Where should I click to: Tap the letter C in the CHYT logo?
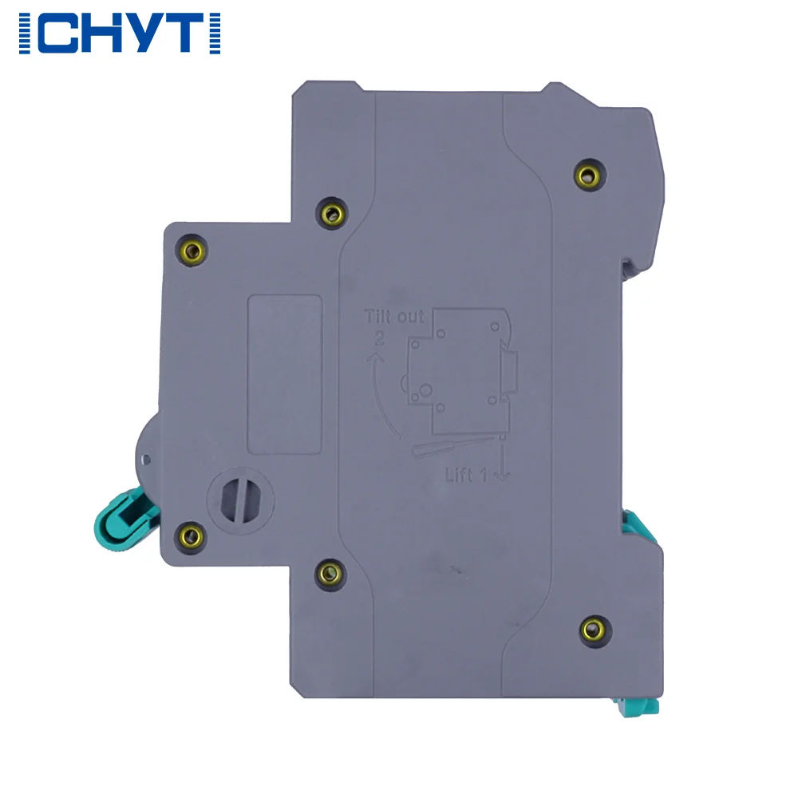pos(57,33)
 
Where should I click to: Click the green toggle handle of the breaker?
pos(122,519)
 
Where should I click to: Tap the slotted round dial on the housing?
pos(241,500)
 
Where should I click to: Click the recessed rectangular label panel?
pos(285,374)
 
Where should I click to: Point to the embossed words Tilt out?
pos(394,317)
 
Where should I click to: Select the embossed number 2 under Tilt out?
pos(380,338)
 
